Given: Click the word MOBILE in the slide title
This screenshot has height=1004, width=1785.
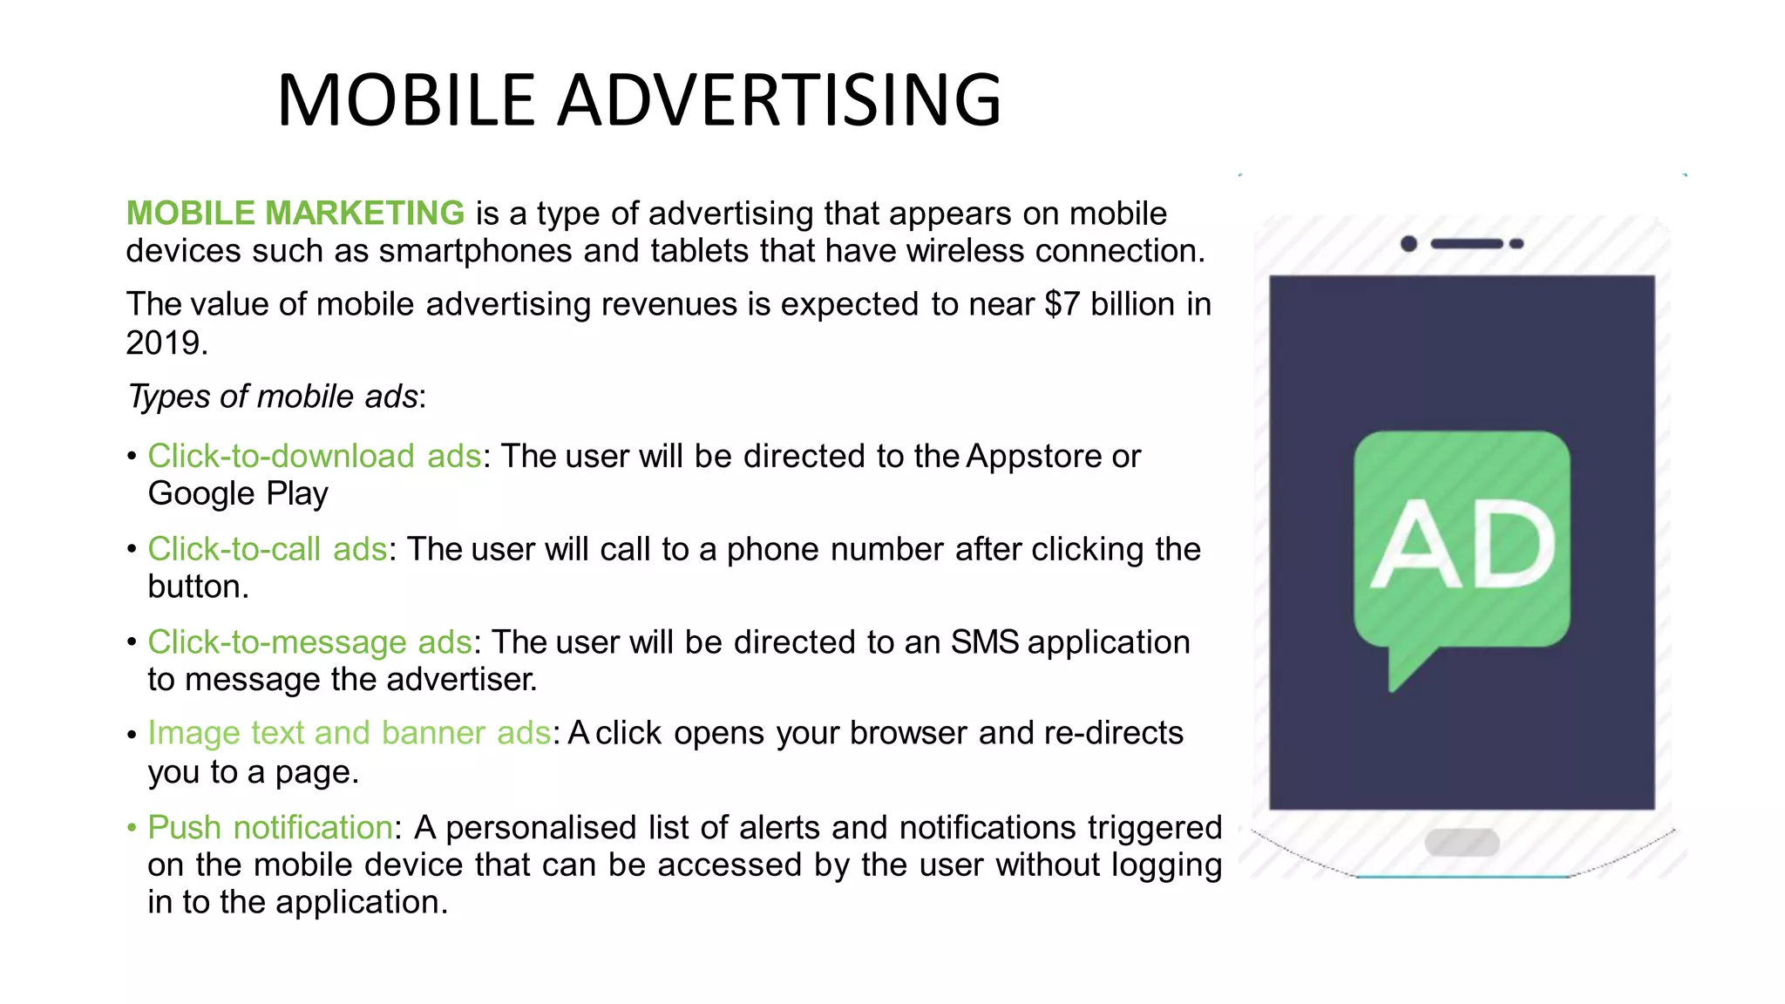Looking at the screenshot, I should tap(405, 100).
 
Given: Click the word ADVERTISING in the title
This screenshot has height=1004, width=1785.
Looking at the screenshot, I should tap(779, 100).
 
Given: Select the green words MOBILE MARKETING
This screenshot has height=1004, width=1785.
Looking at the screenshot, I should tap(295, 214).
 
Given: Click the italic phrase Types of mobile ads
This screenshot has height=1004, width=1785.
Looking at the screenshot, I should tap(273, 397).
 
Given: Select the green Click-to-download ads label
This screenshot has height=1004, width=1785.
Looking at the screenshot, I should tap(315, 456).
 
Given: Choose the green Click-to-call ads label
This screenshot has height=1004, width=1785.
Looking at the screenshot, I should tap(268, 549).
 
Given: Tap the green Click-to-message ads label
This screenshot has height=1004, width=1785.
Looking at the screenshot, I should tap(309, 642).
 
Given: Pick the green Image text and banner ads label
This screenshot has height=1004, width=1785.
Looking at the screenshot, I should tap(350, 733).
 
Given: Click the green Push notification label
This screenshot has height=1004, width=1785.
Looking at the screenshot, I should tap(270, 827).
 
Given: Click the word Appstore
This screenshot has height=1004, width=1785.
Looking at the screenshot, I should tap(1034, 456).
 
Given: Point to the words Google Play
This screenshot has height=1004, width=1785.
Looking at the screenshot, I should tap(238, 494).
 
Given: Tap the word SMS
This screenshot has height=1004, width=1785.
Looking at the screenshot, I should tap(984, 642).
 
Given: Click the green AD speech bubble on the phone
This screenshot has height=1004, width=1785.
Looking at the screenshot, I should tap(1462, 545).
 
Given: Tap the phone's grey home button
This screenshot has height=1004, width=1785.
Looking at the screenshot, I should tap(1462, 842).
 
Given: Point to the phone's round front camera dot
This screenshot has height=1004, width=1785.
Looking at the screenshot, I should tap(1408, 244).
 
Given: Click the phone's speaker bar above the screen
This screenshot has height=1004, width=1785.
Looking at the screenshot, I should tap(1466, 244).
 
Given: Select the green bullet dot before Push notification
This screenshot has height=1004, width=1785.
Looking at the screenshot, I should tap(132, 827).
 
